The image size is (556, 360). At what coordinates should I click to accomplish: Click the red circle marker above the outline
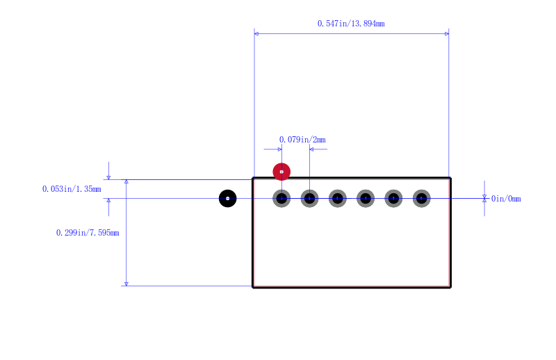pos(281,172)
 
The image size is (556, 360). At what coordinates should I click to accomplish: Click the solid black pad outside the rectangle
pos(228,198)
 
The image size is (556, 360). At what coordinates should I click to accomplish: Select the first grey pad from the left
pos(281,198)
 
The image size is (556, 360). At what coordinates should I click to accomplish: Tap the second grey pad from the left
pos(309,198)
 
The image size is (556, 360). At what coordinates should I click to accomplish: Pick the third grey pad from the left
pos(338,198)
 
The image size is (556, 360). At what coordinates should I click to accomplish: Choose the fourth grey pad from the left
pos(366,198)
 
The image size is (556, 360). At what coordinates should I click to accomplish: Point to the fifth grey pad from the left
pos(393,198)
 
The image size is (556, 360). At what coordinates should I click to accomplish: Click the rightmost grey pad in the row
pos(422,198)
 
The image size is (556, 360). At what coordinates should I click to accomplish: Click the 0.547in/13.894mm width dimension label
pos(351,24)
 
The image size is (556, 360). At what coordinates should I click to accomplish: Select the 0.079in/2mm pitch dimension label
pos(302,140)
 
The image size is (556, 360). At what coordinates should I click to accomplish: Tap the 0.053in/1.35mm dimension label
pos(72,189)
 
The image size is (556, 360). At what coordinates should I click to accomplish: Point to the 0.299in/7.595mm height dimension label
pos(88,233)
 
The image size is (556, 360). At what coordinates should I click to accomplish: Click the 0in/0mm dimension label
pos(506,199)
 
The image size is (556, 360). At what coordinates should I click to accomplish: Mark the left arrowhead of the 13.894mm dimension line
pos(256,33)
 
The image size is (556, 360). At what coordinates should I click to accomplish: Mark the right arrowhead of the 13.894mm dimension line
pos(447,33)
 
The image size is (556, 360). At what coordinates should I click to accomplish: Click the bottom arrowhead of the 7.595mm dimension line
pos(126,284)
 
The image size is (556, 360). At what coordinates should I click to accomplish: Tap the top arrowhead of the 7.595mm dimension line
pos(126,182)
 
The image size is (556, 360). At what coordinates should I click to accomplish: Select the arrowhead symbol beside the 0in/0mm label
pos(484,198)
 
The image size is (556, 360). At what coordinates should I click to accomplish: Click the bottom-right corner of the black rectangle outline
pos(450,287)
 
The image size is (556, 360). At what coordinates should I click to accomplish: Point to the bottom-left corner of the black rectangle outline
pos(253,287)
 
